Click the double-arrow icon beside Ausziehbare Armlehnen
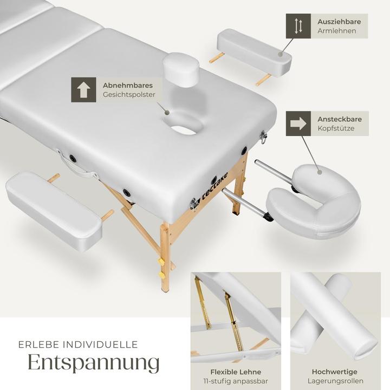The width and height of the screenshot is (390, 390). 298,26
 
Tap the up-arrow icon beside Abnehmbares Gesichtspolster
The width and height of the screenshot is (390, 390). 83,90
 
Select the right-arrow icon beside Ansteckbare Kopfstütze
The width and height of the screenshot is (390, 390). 298,123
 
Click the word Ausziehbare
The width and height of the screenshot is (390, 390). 339,22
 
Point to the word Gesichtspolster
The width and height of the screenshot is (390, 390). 129,95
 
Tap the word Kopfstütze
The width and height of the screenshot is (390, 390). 336,128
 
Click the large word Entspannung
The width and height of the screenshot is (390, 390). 94,362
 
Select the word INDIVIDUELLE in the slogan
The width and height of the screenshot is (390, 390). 100,344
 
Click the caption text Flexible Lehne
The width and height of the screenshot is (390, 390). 236,372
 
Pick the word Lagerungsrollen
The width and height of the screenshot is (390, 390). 335,381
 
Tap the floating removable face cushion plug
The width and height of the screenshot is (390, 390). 181,70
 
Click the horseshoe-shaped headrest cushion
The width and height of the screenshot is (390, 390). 314,201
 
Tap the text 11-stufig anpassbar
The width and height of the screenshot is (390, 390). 236,381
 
